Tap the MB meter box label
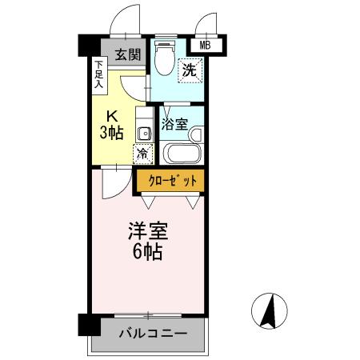pos(205,46)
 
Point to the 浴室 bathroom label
pos(174,124)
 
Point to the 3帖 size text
pos(111,132)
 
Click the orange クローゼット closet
pos(169,182)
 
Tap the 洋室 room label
pos(146,233)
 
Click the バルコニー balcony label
pos(153,332)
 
